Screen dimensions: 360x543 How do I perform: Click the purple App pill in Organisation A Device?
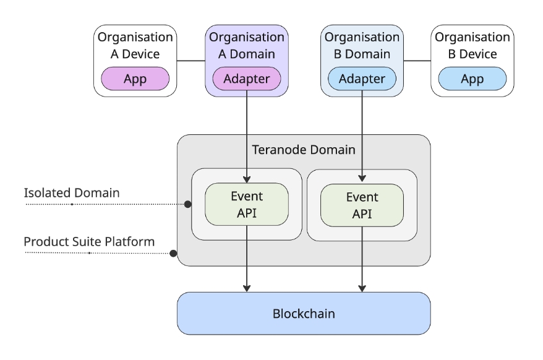[x=135, y=79]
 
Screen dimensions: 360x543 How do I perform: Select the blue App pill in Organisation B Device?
[x=472, y=79]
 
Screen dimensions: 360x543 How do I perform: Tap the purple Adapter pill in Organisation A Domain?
[x=246, y=79]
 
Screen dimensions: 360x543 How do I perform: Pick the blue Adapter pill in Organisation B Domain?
[x=362, y=79]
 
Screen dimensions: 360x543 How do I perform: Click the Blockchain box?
[x=304, y=313]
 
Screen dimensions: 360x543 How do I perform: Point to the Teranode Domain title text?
[x=304, y=149]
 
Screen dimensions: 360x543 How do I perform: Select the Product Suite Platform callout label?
[x=88, y=241]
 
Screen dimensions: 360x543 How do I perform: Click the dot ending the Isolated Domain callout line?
[x=187, y=204]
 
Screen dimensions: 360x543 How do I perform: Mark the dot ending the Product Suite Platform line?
[x=174, y=253]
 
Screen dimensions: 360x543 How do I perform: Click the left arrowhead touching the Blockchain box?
[x=247, y=287]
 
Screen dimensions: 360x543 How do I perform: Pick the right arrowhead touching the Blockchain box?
[x=362, y=287]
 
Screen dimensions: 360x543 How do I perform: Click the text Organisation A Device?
[x=135, y=46]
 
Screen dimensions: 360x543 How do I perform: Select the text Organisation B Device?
[x=472, y=46]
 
